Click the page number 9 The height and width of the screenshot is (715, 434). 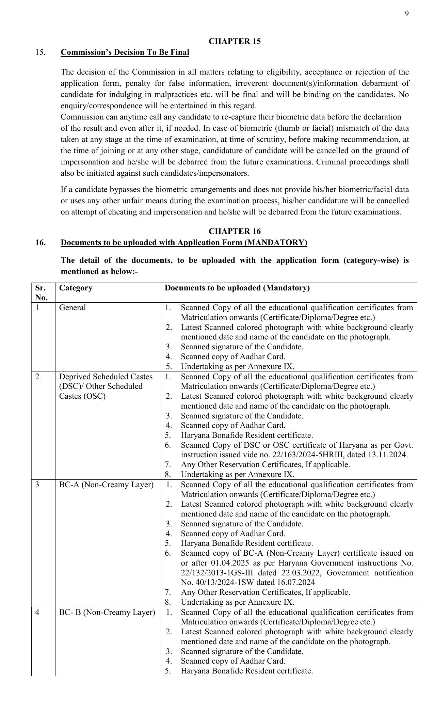(x=407, y=14)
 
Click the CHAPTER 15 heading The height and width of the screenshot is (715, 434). (x=235, y=42)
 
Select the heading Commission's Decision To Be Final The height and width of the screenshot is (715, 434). (x=125, y=52)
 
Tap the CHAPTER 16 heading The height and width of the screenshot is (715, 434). (x=235, y=232)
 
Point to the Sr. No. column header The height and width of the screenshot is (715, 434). (x=41, y=292)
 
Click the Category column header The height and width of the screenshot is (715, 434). (x=76, y=288)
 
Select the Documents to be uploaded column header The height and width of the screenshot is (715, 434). (x=237, y=288)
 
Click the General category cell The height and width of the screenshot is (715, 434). (x=73, y=308)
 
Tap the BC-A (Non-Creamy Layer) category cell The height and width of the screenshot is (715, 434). (x=106, y=485)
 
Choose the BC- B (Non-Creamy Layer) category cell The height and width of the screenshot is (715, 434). (x=107, y=613)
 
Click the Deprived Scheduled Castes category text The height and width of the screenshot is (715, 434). (x=106, y=377)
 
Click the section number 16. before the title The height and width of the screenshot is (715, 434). (x=40, y=243)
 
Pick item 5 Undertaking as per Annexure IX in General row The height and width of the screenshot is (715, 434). (x=237, y=367)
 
